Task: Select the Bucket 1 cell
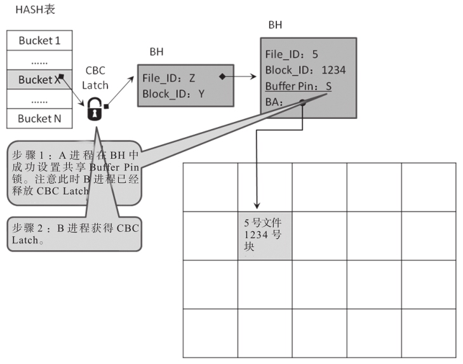pyautogui.click(x=39, y=41)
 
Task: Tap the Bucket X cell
pyautogui.click(x=39, y=80)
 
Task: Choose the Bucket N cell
pyautogui.click(x=39, y=119)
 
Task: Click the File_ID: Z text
pyautogui.click(x=170, y=78)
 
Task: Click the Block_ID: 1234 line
pyautogui.click(x=305, y=70)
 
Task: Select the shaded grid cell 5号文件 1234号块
pyautogui.click(x=265, y=235)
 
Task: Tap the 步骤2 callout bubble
pyautogui.click(x=73, y=234)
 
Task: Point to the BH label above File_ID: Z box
pyautogui.click(x=156, y=52)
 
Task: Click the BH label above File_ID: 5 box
pyautogui.click(x=276, y=25)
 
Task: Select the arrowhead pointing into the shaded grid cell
pyautogui.click(x=257, y=206)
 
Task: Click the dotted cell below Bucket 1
pyautogui.click(x=39, y=60)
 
